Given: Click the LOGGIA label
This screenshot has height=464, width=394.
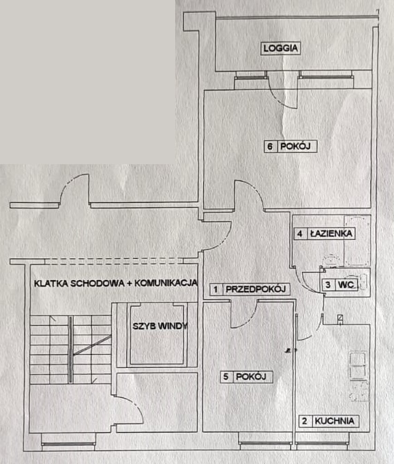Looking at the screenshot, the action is pos(281,48).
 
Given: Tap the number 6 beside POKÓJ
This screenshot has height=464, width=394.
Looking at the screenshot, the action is pos(270,146).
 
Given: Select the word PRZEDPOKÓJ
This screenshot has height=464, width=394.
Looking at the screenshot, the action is pos(256,289).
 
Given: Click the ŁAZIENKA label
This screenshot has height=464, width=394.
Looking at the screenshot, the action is pos(331,234).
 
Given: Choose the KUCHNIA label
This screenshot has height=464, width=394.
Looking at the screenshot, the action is pos(335,421).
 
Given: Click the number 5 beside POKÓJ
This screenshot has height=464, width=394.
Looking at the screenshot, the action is pos(226,377).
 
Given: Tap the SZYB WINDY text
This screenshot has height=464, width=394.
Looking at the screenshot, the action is pos(160,326).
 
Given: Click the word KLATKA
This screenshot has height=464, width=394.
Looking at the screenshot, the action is pos(50,283).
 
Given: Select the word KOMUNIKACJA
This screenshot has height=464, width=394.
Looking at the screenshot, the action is pos(166,283).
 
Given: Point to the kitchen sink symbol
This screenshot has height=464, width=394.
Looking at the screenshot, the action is pos(358,366).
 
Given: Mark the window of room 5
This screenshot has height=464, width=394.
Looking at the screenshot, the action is pos(265,443).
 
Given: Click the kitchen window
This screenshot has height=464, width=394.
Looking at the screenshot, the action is pos(322,443).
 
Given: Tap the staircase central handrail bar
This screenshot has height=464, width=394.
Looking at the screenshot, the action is pos(71,350).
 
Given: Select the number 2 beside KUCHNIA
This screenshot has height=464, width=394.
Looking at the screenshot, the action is pos(305,421).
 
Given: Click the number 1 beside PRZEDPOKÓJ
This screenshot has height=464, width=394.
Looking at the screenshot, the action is pos(216,290).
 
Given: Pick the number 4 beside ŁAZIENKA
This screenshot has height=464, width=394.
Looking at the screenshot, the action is pos(299,234).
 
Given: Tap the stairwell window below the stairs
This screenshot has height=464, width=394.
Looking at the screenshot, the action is pos(68,444).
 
